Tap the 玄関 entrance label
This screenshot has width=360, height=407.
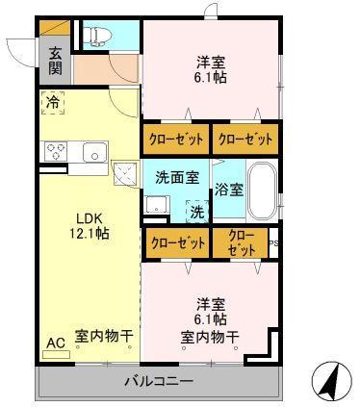click(55, 61)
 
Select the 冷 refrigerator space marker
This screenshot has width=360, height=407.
click(53, 103)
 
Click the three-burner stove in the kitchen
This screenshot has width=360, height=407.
click(56, 151)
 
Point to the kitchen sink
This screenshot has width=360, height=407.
click(94, 152)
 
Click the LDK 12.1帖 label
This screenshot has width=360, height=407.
click(90, 226)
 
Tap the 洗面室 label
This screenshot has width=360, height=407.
click(177, 178)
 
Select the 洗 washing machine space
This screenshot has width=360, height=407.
click(197, 212)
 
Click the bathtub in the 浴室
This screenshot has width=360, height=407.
click(263, 191)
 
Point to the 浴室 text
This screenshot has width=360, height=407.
click(229, 190)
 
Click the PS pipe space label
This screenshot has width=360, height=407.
click(273, 242)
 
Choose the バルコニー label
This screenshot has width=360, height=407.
click(159, 381)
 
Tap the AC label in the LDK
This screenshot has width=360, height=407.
click(56, 343)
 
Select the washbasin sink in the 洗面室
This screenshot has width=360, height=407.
click(157, 204)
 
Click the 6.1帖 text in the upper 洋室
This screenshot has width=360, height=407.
click(211, 77)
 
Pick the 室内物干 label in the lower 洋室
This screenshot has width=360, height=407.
click(210, 337)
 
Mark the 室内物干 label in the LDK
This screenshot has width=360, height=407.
click(104, 336)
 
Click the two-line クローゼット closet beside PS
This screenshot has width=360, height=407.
click(241, 242)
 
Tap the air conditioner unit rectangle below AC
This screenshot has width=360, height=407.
click(57, 354)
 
